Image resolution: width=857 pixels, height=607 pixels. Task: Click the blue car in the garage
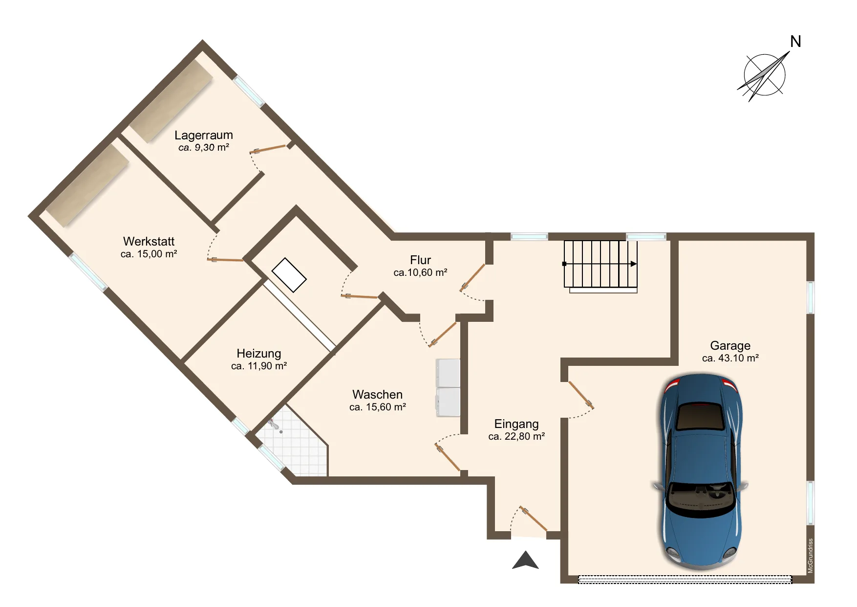[701, 472]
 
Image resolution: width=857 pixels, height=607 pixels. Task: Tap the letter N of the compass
[795, 42]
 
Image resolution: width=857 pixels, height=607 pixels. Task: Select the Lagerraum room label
[204, 135]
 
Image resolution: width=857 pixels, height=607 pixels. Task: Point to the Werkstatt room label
[149, 241]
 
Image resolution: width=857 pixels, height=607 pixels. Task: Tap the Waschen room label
[378, 394]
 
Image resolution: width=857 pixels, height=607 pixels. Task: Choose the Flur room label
[420, 260]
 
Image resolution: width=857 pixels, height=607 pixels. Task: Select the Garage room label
[730, 345]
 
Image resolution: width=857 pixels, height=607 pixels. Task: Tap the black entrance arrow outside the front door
[525, 561]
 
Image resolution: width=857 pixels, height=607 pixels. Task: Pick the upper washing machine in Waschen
[448, 373]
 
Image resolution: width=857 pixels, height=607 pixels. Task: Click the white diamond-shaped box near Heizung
[289, 275]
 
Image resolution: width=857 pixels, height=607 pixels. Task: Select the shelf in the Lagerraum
[171, 101]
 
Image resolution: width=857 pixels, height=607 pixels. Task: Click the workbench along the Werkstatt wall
[87, 185]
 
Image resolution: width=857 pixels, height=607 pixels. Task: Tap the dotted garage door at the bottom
[685, 580]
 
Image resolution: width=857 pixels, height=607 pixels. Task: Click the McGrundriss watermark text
[811, 556]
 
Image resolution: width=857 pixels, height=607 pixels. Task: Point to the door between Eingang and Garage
[580, 395]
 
